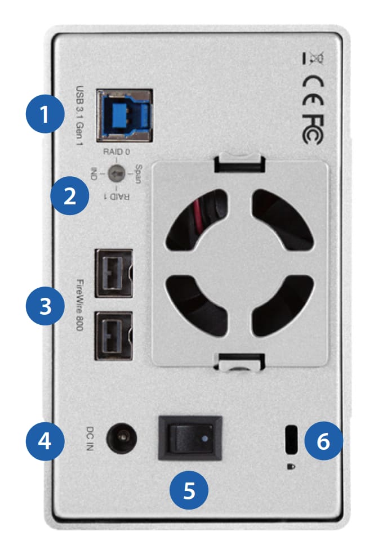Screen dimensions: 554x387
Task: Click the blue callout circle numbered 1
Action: tap(45, 115)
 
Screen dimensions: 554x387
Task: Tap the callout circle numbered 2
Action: tap(69, 196)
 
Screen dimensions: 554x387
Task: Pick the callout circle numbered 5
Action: tap(190, 489)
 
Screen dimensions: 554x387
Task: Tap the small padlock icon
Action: tap(291, 466)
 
